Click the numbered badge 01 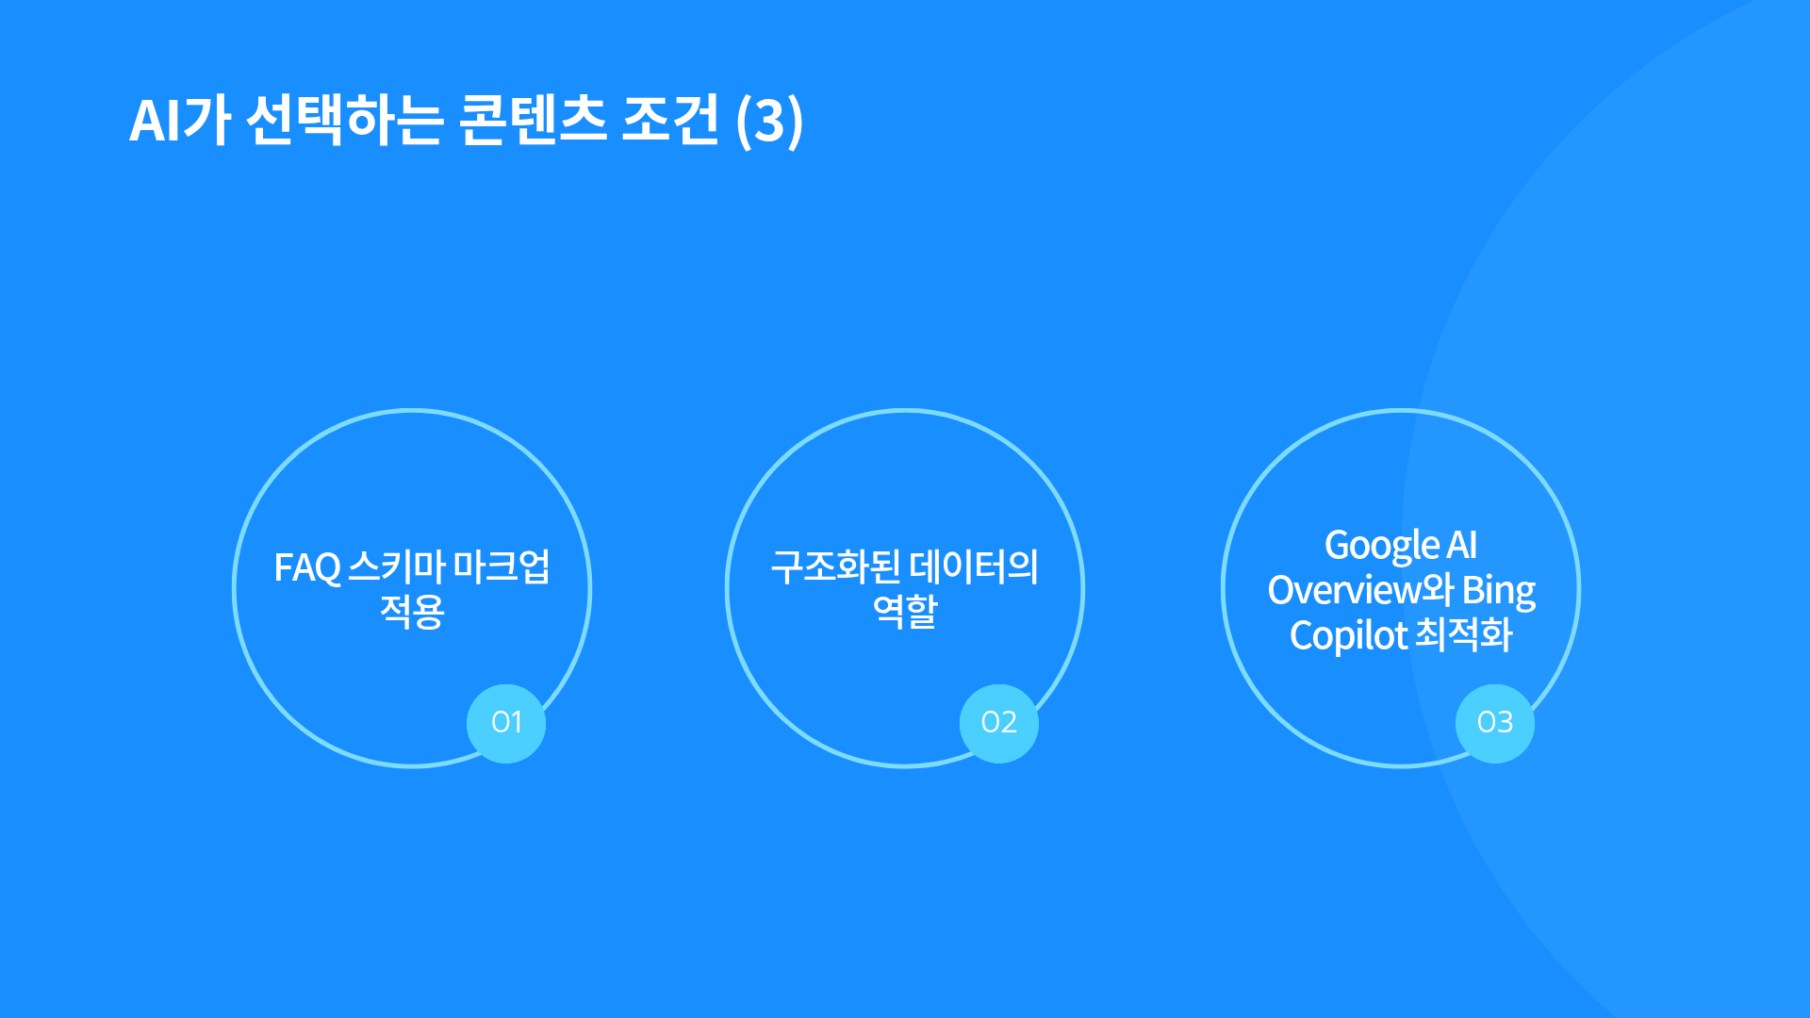[x=506, y=723]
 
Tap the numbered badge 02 [x=999, y=723]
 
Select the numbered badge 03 [x=1495, y=723]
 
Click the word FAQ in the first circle [x=307, y=568]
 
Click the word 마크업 [x=502, y=566]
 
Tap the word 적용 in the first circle [x=412, y=612]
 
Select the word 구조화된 [x=835, y=566]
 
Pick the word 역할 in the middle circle [x=905, y=612]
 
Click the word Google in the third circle [x=1381, y=546]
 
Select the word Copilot [x=1348, y=636]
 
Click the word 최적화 [x=1464, y=634]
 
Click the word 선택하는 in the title [x=344, y=120]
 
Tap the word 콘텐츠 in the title [x=533, y=120]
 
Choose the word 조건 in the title [x=670, y=120]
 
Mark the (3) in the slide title [x=769, y=121]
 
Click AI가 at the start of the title [x=180, y=120]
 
